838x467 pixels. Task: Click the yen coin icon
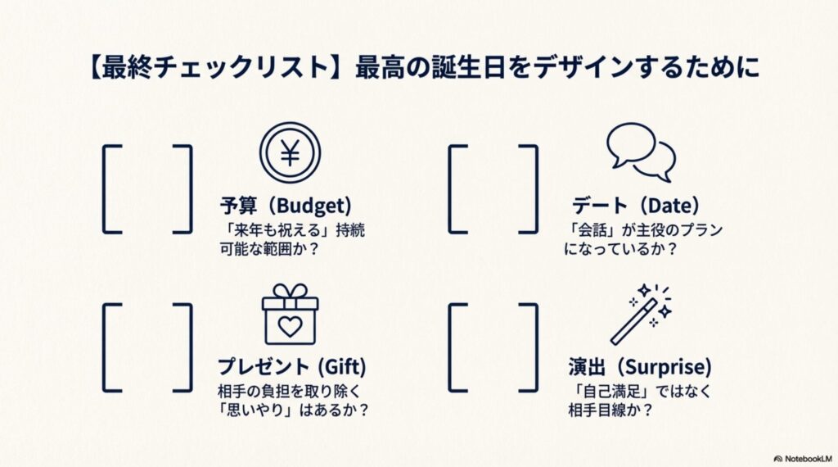click(290, 153)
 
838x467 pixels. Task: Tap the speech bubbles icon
click(641, 152)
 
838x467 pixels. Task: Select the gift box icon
click(290, 315)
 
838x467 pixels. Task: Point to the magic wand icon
click(641, 315)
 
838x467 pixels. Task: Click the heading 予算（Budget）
click(285, 205)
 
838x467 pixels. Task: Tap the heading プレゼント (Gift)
click(291, 365)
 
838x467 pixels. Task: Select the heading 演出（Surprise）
click(640, 365)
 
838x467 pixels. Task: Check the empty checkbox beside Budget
click(148, 188)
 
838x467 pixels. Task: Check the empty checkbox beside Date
click(493, 188)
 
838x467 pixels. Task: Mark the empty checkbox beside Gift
click(148, 347)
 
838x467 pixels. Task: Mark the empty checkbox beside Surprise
click(493, 347)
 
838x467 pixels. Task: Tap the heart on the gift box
click(290, 325)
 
